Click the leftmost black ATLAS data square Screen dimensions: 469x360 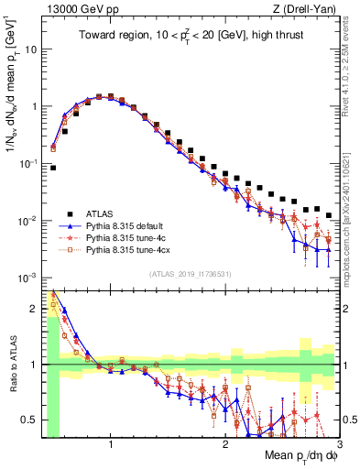[x=53, y=168]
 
